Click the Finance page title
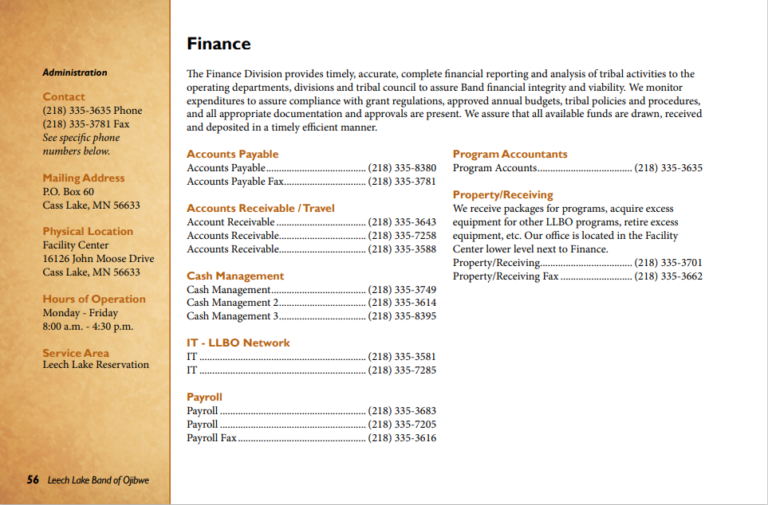coord(219,44)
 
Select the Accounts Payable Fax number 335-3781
coord(402,182)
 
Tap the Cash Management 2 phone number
coord(402,303)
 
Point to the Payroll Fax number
coord(402,438)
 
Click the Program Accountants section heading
coord(510,154)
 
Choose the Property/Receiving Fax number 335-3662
coord(668,276)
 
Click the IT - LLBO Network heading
coord(238,343)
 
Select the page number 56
coord(33,480)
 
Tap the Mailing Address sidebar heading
coord(84,178)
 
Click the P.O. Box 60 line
coord(68,191)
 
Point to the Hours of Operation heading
coord(94,299)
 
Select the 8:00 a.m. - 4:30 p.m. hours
coord(88,326)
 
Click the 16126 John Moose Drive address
coord(98,258)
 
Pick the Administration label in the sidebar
coord(74,72)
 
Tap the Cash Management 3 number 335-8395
coord(402,316)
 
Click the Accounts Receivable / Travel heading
coord(260,208)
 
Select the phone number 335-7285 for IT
coord(402,370)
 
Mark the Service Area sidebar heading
coord(76,352)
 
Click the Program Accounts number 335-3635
coord(668,168)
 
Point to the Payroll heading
coord(204,397)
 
